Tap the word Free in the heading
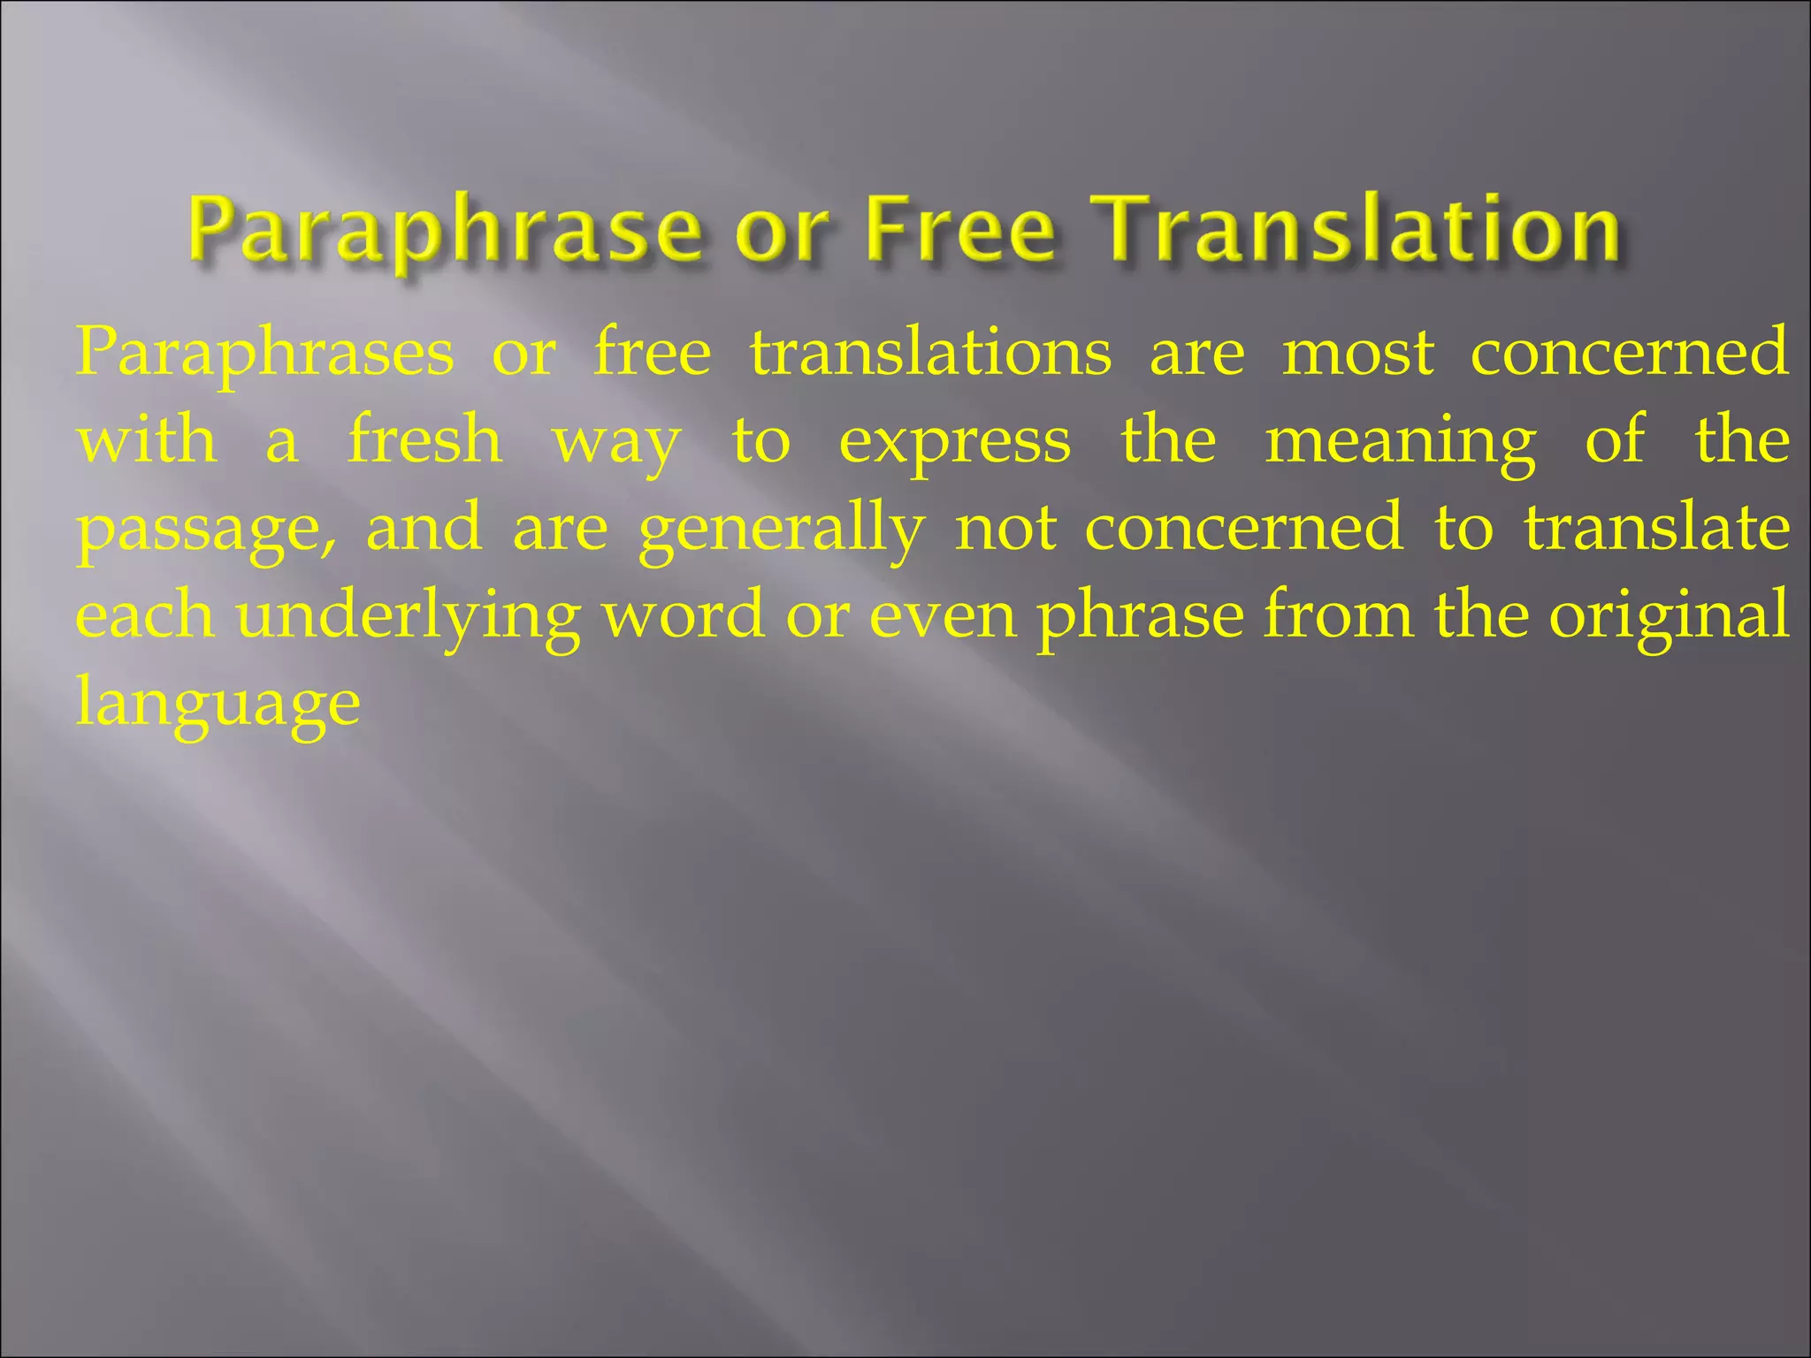pyautogui.click(x=959, y=232)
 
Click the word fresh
pyautogui.click(x=425, y=440)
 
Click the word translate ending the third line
pyautogui.click(x=1657, y=528)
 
